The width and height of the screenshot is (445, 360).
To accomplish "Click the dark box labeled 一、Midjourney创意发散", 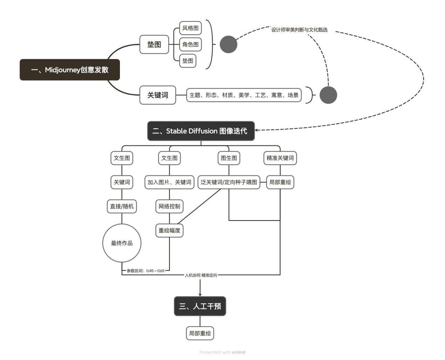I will coord(69,70).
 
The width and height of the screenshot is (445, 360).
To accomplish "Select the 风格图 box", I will coord(190,28).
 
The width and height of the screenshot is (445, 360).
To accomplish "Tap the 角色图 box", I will coord(190,45).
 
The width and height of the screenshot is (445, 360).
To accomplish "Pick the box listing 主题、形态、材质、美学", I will coord(244,95).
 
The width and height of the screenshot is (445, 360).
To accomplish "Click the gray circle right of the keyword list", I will coord(328,95).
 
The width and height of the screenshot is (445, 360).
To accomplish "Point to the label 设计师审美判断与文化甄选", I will coord(299,30).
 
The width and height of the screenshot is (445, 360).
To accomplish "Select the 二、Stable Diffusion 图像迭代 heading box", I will coord(201,131).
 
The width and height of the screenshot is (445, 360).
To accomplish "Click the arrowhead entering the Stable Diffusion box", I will coord(257,130).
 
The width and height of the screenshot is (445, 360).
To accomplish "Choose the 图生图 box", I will coord(229,158).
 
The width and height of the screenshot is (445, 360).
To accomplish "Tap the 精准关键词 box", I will coord(280,158).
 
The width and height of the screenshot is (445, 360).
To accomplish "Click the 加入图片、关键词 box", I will coord(169,182).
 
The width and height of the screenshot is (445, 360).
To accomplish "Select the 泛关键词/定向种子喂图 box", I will coord(229,182).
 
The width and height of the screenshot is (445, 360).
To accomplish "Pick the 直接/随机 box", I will coord(122,206).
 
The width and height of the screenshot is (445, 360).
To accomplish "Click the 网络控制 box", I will coord(169,206).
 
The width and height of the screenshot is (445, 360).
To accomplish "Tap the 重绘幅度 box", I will coord(169,231).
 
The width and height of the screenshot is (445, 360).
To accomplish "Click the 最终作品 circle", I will coord(122,243).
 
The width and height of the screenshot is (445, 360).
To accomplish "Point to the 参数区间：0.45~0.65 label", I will coord(146,271).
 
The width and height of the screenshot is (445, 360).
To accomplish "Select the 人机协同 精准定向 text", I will coord(201,275).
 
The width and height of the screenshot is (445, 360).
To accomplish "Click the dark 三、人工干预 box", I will coord(200,306).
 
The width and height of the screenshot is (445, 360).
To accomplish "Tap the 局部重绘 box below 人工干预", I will coord(200,333).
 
